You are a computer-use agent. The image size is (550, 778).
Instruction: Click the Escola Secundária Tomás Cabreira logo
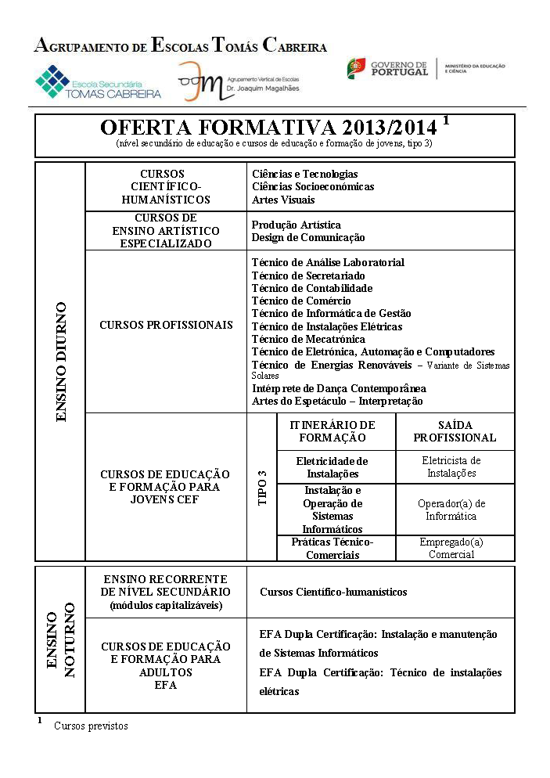(97, 82)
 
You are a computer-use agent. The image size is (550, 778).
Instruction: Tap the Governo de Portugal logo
(388, 69)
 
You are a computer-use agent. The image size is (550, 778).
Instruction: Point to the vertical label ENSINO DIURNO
(61, 362)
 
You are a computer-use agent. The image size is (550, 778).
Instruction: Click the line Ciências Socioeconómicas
(312, 187)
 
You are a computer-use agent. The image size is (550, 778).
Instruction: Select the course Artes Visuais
(283, 200)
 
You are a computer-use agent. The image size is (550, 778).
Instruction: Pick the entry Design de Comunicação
(307, 237)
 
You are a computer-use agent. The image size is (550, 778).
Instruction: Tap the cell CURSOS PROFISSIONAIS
(166, 325)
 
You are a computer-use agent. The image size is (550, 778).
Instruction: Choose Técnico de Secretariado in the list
(307, 276)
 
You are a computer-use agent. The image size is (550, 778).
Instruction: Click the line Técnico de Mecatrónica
(307, 339)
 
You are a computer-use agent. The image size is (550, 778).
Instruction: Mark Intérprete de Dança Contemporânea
(338, 388)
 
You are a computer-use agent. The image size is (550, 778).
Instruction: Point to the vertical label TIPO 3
(262, 487)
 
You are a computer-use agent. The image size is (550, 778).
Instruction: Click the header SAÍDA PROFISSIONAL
(455, 431)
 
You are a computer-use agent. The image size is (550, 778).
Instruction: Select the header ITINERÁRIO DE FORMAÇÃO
(333, 431)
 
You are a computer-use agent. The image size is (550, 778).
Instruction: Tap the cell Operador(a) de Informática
(451, 510)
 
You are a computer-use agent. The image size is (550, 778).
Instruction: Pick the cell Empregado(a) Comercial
(451, 548)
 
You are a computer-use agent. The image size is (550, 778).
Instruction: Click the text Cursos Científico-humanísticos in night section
(333, 593)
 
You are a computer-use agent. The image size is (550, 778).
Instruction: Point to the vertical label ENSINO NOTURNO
(60, 639)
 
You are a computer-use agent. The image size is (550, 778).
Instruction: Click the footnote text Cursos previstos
(91, 726)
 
